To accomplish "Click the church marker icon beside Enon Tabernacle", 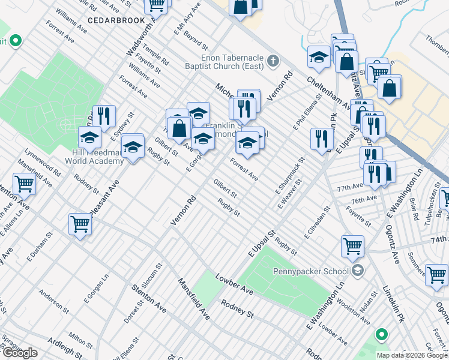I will pyautogui.click(x=273, y=60).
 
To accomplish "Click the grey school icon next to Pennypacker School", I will pyautogui.click(x=358, y=271).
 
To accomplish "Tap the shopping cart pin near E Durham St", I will pyautogui.click(x=80, y=225).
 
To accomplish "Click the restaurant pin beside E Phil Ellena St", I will pyautogui.click(x=322, y=139).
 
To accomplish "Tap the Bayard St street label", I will pyautogui.click(x=196, y=41).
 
